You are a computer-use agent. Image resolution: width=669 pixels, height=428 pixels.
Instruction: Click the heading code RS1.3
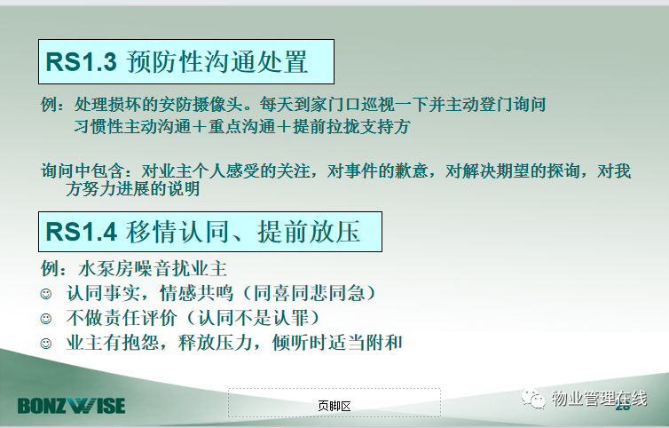click(x=81, y=61)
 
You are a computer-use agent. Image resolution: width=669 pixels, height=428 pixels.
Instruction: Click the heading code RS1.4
click(x=81, y=232)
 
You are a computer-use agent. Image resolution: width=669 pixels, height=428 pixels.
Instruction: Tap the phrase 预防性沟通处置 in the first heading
click(x=217, y=62)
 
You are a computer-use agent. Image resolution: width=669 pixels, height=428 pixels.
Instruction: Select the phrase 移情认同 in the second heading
click(x=177, y=232)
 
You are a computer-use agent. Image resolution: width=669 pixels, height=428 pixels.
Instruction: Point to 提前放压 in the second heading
click(x=309, y=232)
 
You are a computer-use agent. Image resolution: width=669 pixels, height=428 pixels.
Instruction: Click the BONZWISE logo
click(x=71, y=406)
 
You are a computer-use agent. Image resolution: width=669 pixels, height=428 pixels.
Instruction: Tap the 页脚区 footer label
click(x=334, y=406)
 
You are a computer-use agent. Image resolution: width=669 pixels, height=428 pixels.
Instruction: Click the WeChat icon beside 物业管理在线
click(x=533, y=399)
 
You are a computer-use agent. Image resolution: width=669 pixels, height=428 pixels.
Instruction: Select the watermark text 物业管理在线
click(x=599, y=399)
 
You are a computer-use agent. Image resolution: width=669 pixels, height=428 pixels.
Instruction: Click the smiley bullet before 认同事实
click(x=45, y=294)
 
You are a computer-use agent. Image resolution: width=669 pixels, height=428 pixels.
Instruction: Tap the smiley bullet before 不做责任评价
click(x=45, y=319)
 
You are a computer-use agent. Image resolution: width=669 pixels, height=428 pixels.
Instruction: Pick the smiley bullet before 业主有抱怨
click(x=45, y=344)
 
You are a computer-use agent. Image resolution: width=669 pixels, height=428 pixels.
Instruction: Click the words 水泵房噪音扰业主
click(x=153, y=269)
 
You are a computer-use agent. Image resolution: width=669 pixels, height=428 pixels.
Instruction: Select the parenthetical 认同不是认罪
click(x=254, y=318)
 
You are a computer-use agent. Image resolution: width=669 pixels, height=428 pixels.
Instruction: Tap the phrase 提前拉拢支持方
click(x=351, y=126)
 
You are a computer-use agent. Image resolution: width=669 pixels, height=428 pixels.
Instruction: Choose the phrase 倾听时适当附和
click(x=337, y=343)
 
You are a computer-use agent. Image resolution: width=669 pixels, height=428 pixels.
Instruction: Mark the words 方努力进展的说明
click(x=133, y=189)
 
